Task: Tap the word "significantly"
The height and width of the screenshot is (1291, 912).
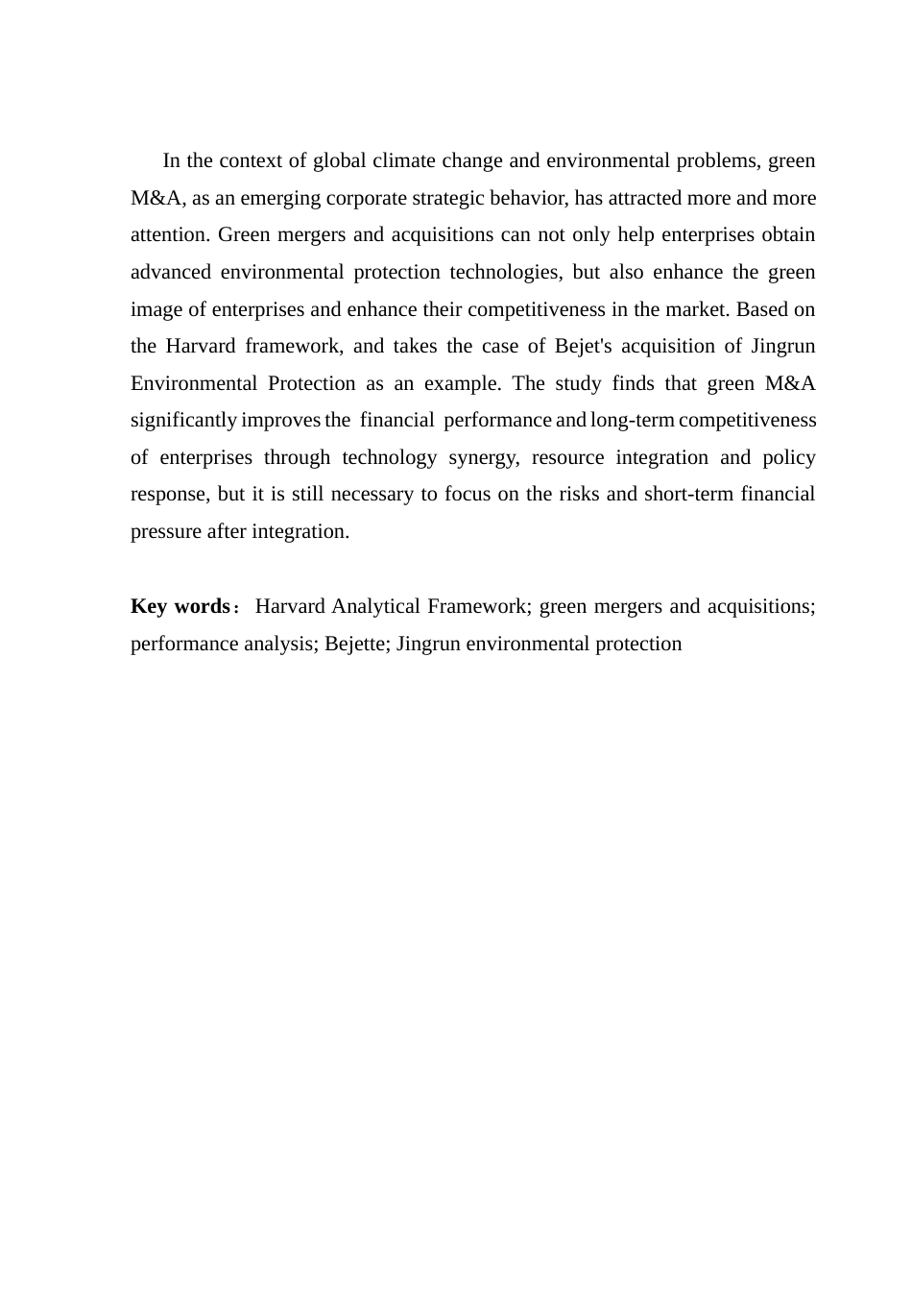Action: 183,420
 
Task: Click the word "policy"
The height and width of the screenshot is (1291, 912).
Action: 789,457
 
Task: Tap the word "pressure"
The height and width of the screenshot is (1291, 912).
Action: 166,531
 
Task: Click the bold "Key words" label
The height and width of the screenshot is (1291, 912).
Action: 180,606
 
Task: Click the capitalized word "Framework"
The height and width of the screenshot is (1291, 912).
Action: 476,606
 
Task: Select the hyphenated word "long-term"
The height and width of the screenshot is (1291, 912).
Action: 633,420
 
